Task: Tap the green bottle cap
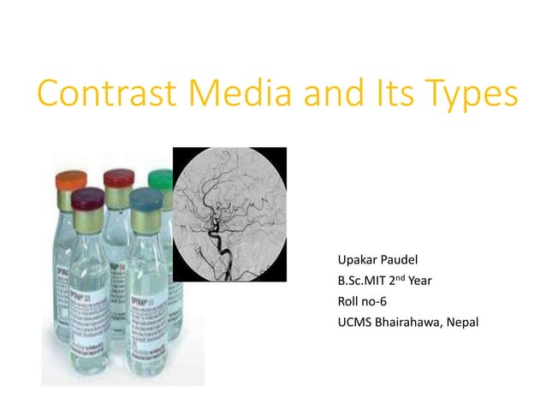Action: click(161, 180)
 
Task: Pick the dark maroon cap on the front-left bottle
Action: click(87, 200)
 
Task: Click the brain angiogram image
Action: click(229, 214)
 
